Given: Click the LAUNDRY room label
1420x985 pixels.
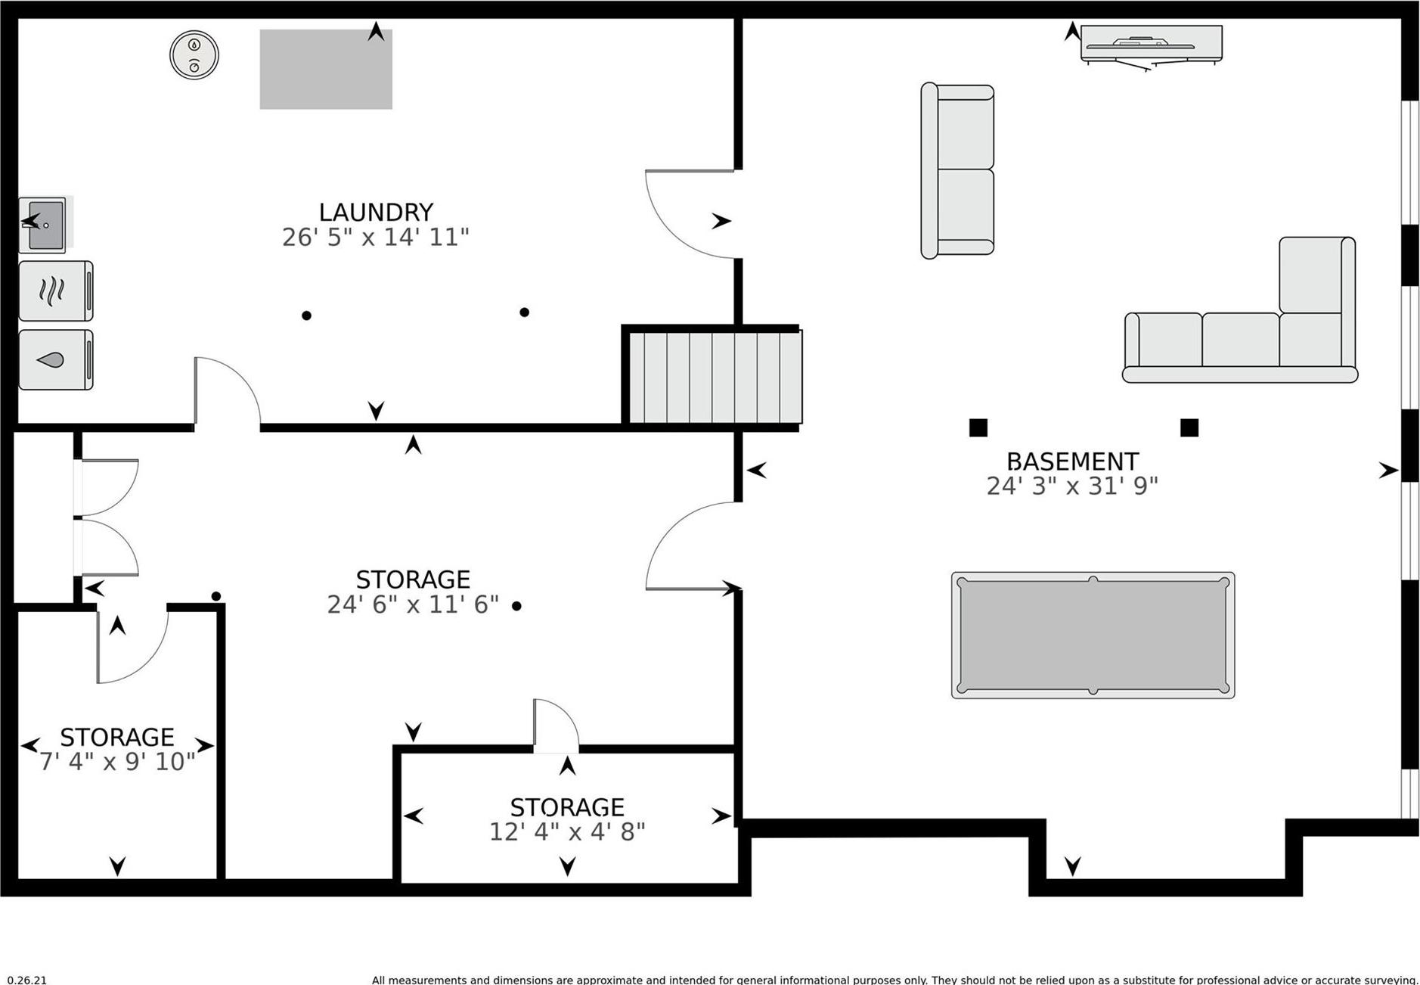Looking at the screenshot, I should pyautogui.click(x=376, y=212).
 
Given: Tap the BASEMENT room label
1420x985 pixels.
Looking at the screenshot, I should pyautogui.click(x=1071, y=461).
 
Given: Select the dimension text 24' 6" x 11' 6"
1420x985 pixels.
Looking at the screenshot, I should pyautogui.click(x=413, y=604).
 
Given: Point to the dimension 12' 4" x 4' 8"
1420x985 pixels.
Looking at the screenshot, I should pyautogui.click(x=567, y=832).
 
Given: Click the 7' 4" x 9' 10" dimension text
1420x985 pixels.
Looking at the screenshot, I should pyautogui.click(x=117, y=762).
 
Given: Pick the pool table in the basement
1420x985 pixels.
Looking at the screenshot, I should pyautogui.click(x=1093, y=635).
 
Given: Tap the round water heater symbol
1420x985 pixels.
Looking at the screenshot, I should pyautogui.click(x=194, y=54).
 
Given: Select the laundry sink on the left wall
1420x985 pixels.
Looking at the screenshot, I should pyautogui.click(x=44, y=225).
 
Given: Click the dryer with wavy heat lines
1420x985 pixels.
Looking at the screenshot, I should pyautogui.click(x=55, y=291).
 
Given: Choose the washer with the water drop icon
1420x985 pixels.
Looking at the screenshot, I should pyautogui.click(x=55, y=360).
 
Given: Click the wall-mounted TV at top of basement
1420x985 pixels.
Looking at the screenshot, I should pyautogui.click(x=1151, y=45).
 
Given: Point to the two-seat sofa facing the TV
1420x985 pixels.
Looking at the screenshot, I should pyautogui.click(x=957, y=171).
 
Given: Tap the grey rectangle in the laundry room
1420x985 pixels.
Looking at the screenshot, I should pyautogui.click(x=326, y=70).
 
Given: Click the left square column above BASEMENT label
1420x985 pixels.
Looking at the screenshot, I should pyautogui.click(x=978, y=428).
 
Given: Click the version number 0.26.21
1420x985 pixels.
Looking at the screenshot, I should pyautogui.click(x=26, y=980).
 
